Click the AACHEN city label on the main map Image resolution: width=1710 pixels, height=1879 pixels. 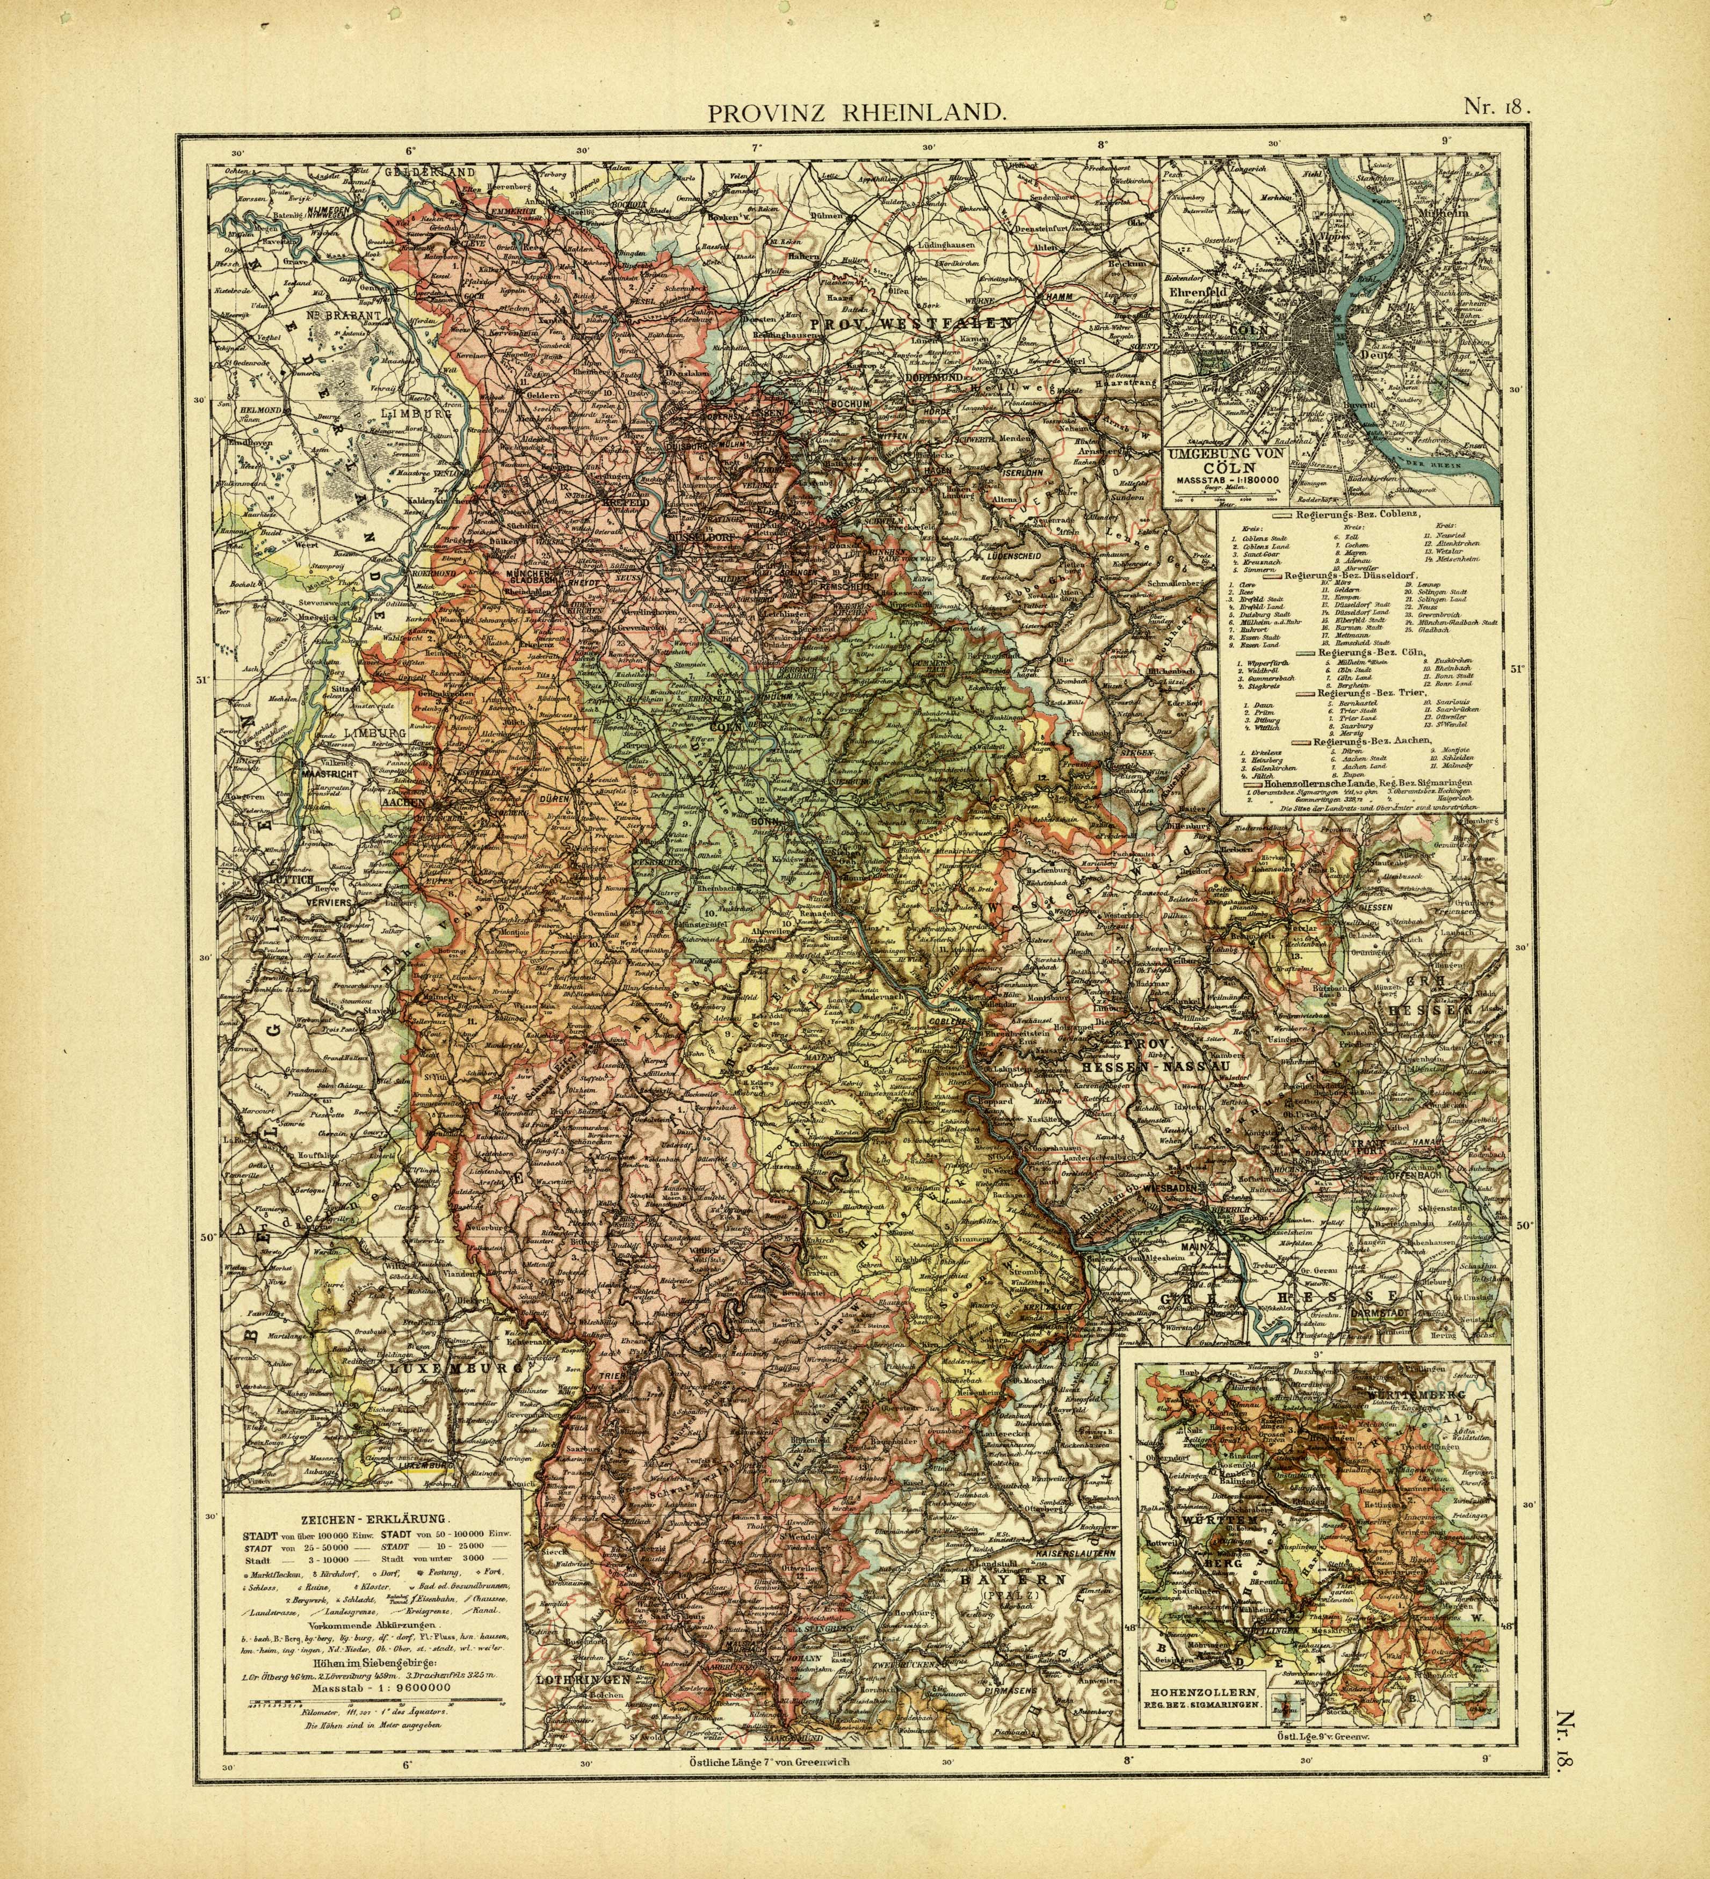tap(403, 800)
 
